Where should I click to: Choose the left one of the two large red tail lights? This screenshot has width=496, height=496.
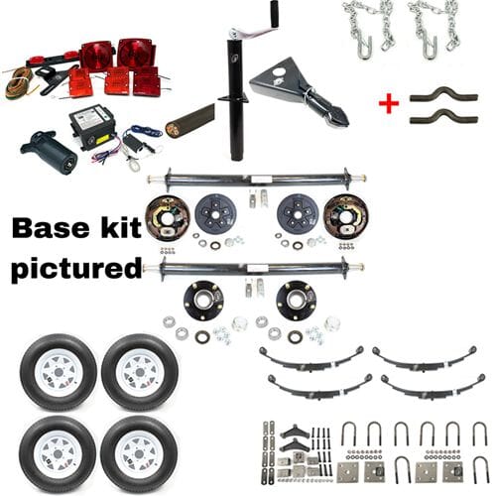(96, 55)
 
